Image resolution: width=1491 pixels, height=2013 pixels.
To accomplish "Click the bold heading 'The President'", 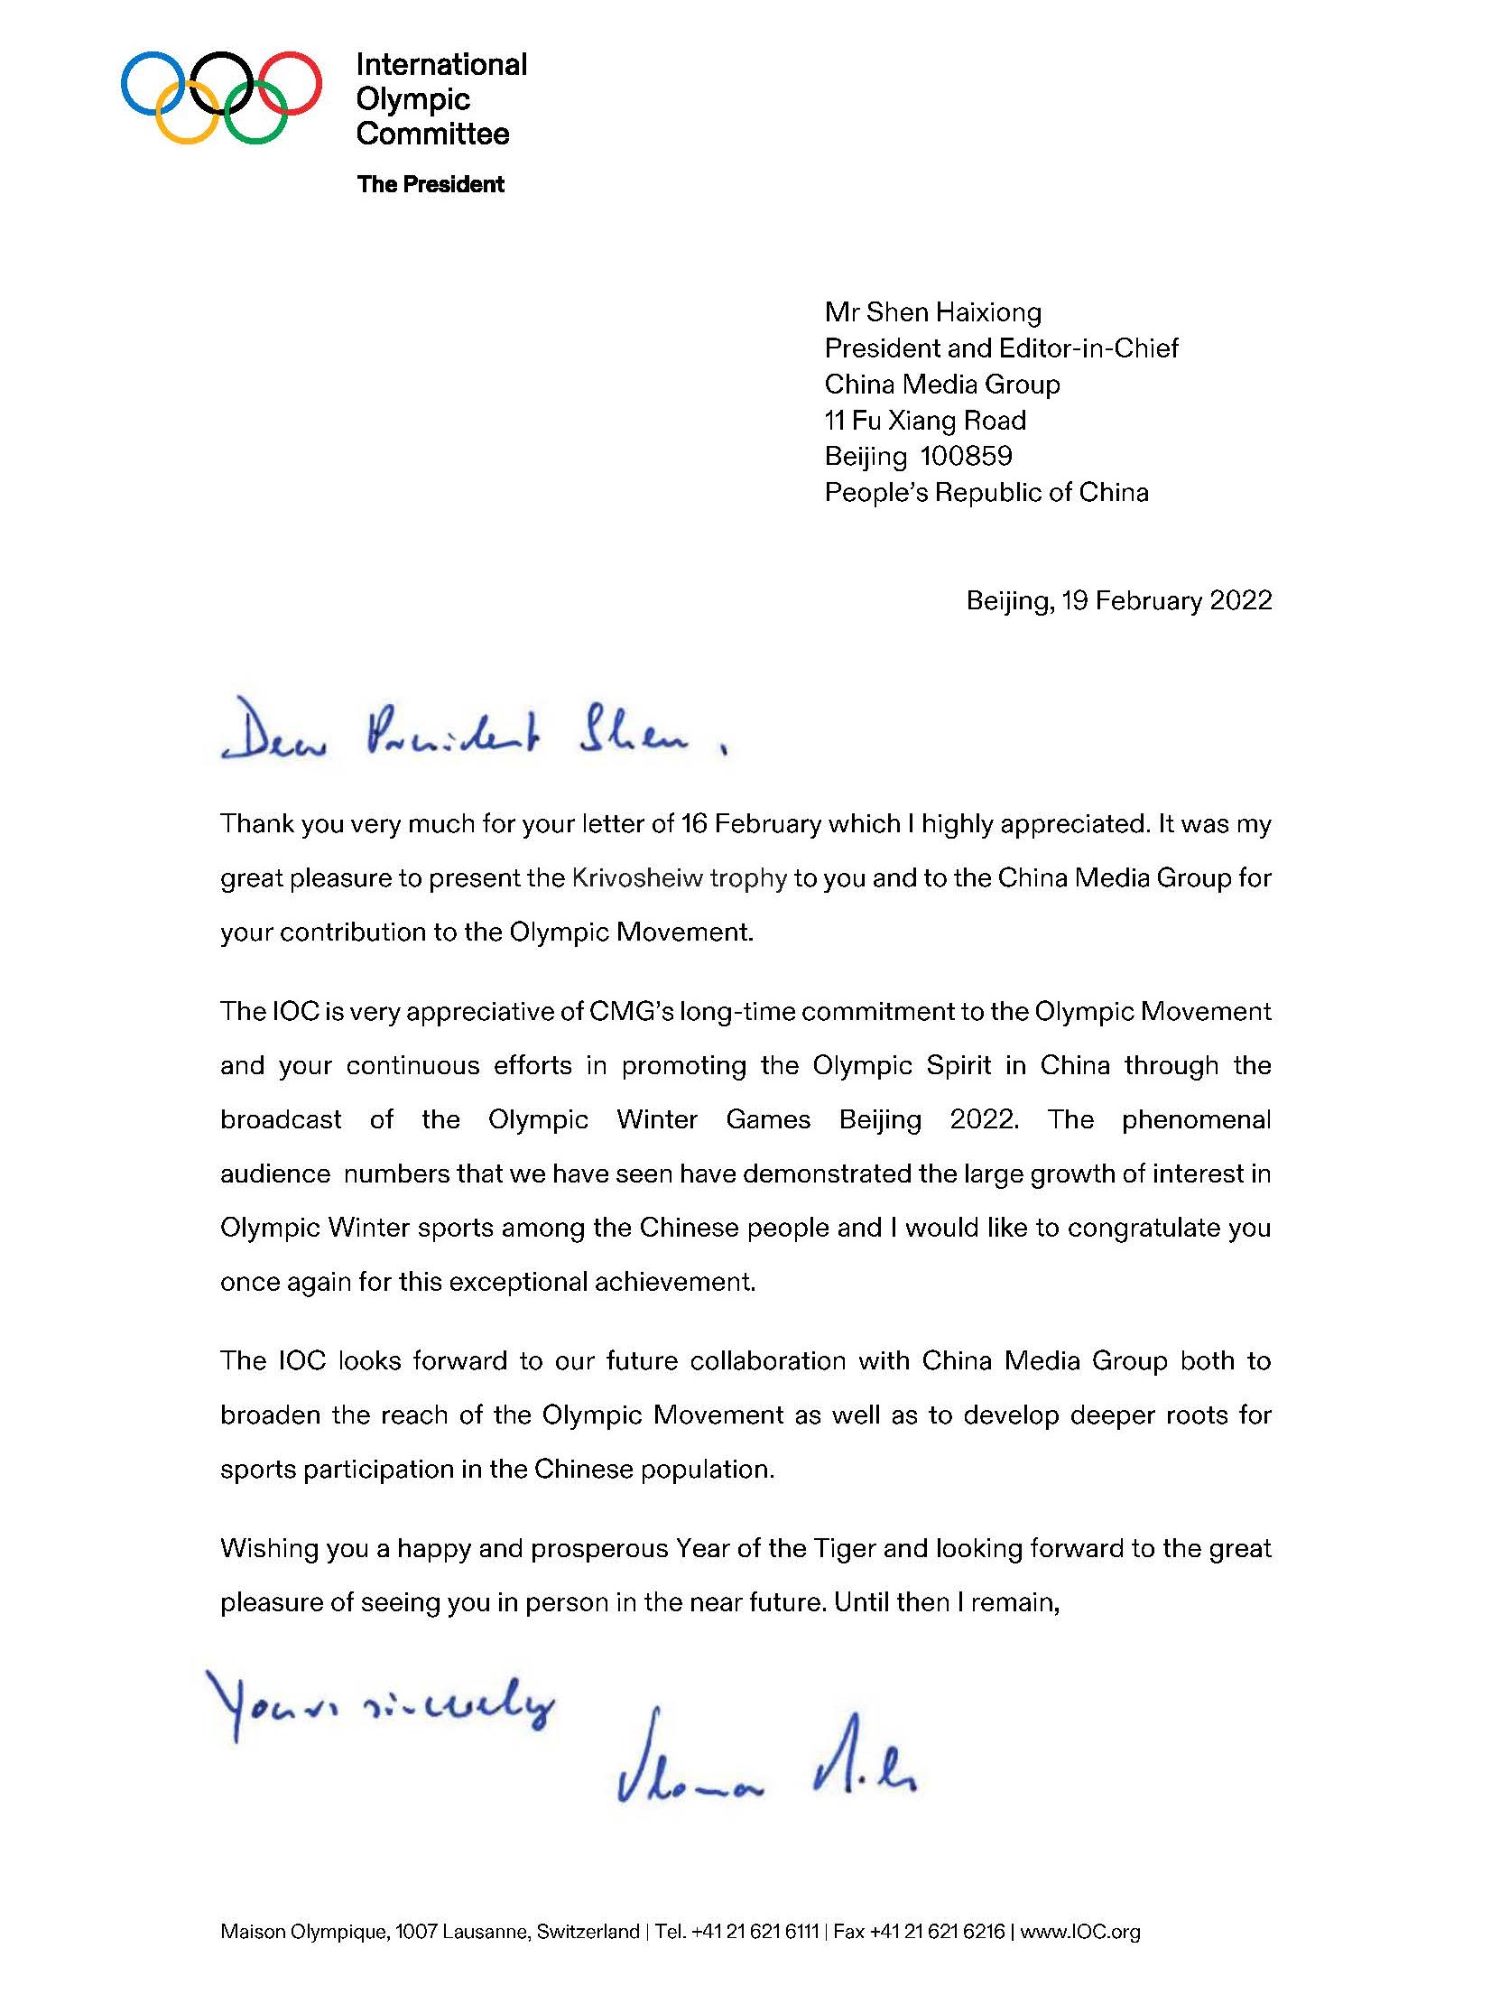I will pyautogui.click(x=431, y=184).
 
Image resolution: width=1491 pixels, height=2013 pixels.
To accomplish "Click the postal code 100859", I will pyautogui.click(x=966, y=456).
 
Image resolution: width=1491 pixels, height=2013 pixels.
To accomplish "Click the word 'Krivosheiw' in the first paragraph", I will pyautogui.click(x=637, y=878).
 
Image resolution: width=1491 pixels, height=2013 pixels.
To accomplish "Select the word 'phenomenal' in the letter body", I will pyautogui.click(x=1196, y=1119).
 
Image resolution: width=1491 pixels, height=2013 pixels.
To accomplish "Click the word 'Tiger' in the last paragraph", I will pyautogui.click(x=845, y=1549).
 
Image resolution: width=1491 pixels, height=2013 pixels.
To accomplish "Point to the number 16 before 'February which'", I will pyautogui.click(x=694, y=824).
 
